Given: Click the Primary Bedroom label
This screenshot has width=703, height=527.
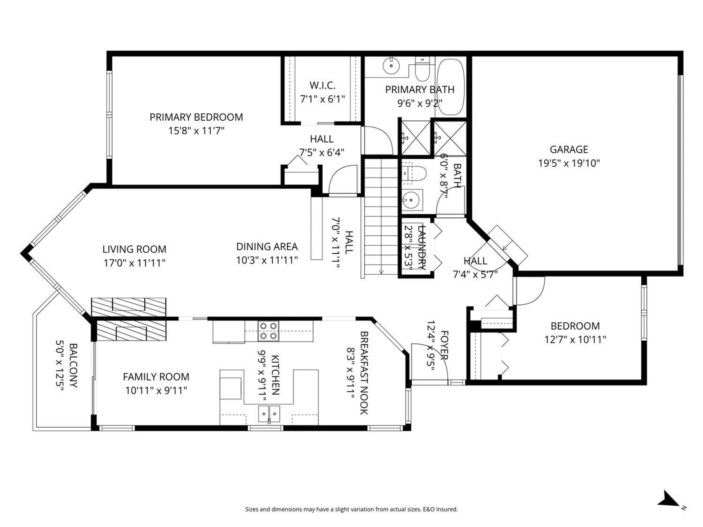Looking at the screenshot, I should tap(196, 117).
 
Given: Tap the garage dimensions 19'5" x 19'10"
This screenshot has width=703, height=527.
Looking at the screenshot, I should tap(569, 163).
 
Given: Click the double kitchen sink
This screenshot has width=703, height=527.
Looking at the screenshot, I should tap(269, 413).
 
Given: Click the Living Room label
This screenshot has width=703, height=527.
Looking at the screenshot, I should tap(134, 249).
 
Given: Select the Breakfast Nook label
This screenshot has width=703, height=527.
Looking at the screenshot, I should tap(364, 373).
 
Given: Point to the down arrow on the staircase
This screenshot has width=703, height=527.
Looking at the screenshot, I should tap(381, 272).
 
